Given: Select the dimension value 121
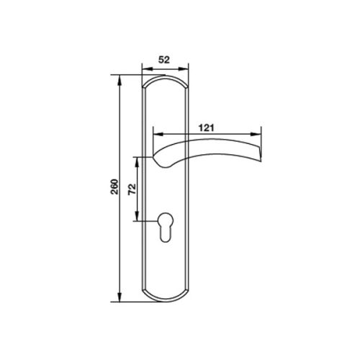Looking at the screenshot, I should [x=207, y=127].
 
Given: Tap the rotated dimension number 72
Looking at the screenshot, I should [x=131, y=189].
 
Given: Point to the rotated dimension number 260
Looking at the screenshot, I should [x=109, y=189].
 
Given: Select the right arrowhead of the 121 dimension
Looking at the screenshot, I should [x=257, y=134].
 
